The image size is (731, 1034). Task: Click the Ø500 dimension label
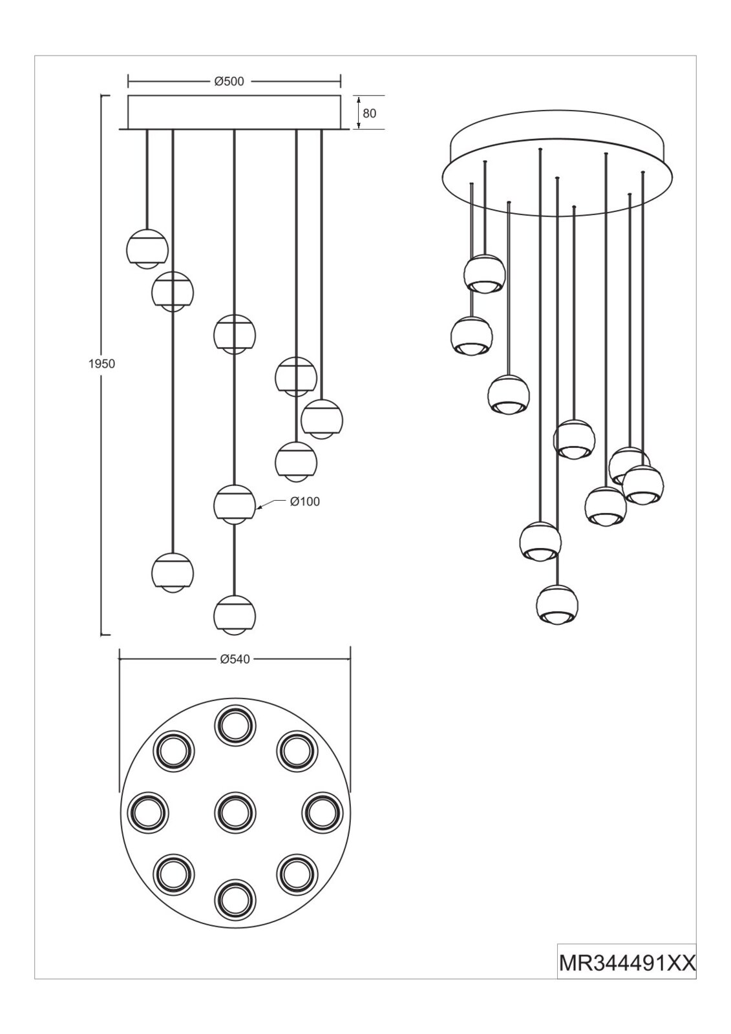[x=229, y=81]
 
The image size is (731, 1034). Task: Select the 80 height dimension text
[x=370, y=113]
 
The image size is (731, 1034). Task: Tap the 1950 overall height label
[x=101, y=364]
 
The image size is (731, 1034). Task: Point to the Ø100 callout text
[x=305, y=501]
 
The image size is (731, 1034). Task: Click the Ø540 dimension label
[x=235, y=660]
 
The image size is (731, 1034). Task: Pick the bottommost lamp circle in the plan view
[x=235, y=901]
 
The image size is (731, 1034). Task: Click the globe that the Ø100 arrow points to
[x=235, y=505]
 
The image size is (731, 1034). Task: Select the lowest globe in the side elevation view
[x=235, y=615]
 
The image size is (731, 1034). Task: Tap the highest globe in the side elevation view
[x=147, y=248]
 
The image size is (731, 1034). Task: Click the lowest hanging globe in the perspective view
[x=557, y=605]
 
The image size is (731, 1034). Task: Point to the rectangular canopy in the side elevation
[x=235, y=112]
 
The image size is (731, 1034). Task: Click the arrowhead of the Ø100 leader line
[x=258, y=508]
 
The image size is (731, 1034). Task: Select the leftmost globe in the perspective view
[x=471, y=335]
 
